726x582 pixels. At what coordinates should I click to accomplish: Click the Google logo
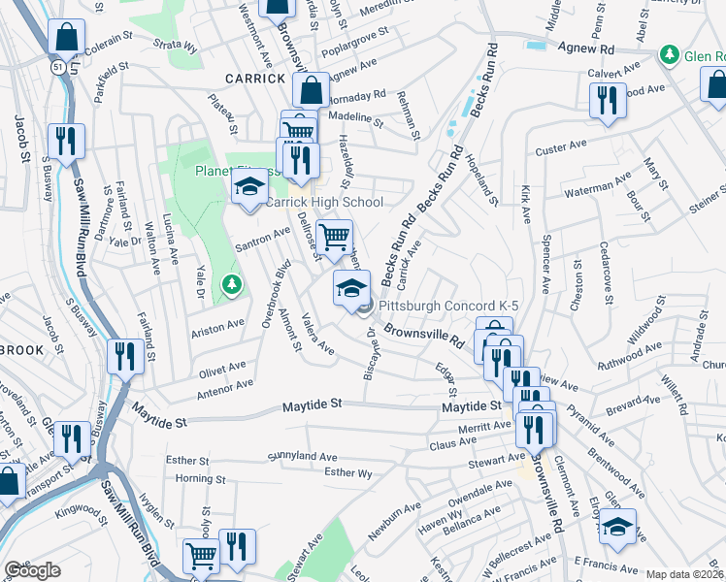(x=32, y=570)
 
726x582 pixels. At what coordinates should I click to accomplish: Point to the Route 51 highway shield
(x=59, y=65)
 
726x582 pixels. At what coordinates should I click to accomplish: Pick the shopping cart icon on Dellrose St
(x=334, y=236)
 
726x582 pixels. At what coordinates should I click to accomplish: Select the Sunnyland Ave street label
(x=301, y=455)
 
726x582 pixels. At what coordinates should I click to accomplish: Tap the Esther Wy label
(x=348, y=472)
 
